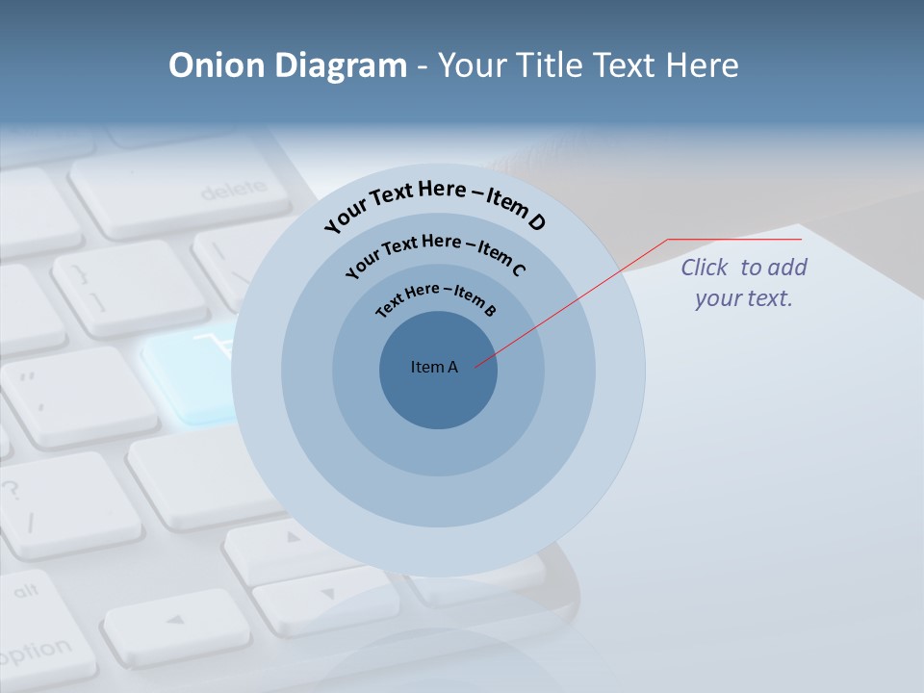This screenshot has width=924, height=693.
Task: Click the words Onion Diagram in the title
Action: pyautogui.click(x=288, y=65)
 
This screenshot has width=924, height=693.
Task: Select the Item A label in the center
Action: pyautogui.click(x=434, y=367)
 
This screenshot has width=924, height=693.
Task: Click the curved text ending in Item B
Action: pyautogui.click(x=436, y=298)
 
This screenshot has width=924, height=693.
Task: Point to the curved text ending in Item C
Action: pyautogui.click(x=435, y=252)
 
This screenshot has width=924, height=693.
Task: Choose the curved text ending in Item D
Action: pyautogui.click(x=435, y=205)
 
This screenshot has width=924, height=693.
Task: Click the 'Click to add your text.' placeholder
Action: pyautogui.click(x=744, y=283)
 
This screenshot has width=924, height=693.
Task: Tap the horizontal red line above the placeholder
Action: pyautogui.click(x=735, y=239)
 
